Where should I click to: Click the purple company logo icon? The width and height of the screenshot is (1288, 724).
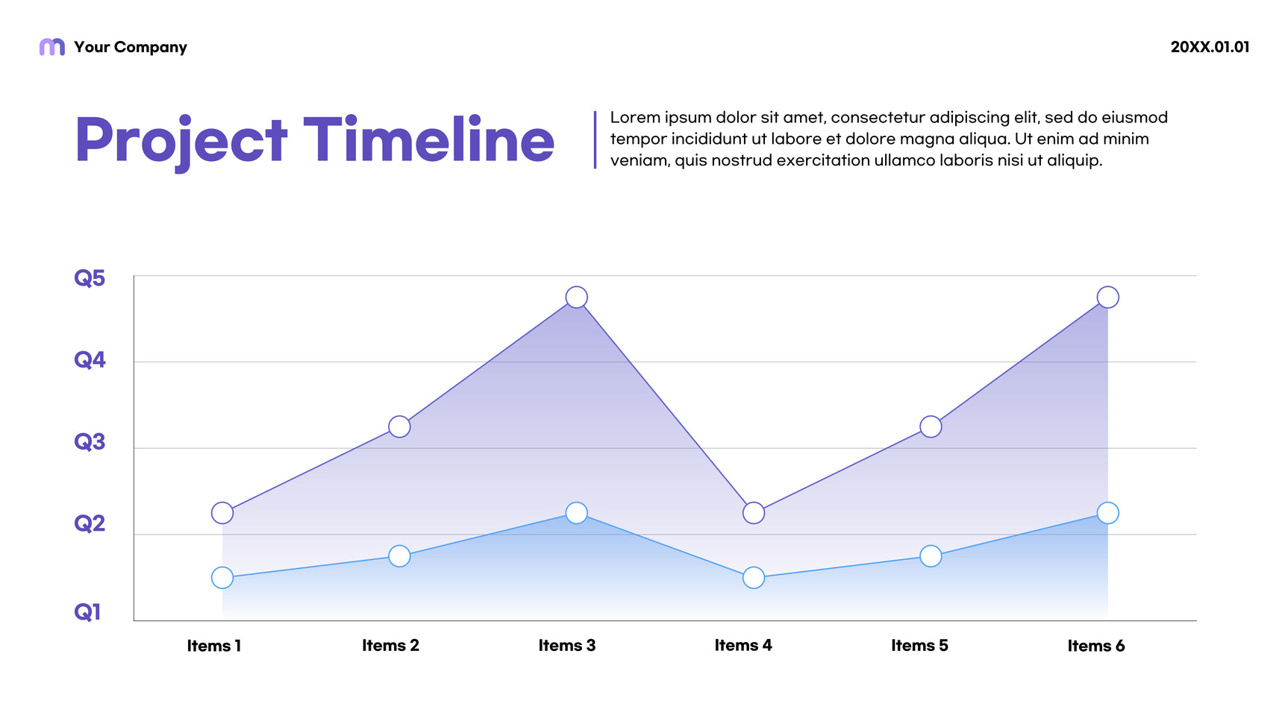coord(51,47)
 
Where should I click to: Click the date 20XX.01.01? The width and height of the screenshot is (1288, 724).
coord(1210,47)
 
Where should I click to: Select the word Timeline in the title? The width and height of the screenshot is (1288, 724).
coord(429,139)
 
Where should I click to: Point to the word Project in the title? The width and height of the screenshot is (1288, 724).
coord(181,141)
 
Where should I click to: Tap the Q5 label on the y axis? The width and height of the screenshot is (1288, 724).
coord(90,278)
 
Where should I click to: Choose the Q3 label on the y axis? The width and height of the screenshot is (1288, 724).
coord(90,441)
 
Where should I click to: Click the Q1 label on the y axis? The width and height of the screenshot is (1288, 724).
coord(87,612)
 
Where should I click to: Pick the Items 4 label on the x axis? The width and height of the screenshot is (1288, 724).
coord(743,646)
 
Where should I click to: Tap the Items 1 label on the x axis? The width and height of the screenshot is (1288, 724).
coord(214,646)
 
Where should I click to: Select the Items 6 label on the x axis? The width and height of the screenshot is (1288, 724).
coord(1095,646)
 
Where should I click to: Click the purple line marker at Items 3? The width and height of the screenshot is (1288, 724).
coord(576,298)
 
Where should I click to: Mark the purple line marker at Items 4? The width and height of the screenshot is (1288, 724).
coord(754,513)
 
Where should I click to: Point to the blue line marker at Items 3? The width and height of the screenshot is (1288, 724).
coord(576,513)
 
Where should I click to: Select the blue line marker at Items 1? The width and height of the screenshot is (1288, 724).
coord(222,578)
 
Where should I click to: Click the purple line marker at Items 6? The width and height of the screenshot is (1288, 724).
coord(1107,298)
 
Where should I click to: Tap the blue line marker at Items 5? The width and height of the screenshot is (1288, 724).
coord(931,556)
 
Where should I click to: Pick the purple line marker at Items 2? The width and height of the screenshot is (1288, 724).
coord(399,426)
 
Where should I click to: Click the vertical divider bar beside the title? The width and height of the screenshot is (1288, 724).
coord(595,139)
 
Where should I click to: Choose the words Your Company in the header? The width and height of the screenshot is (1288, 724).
coord(131,47)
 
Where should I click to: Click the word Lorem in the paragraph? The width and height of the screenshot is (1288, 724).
coord(635,118)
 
